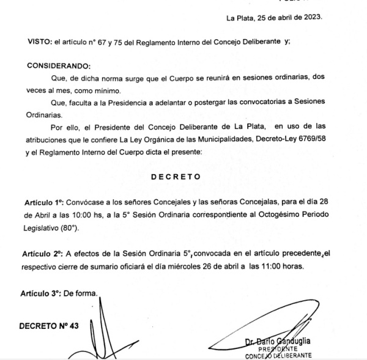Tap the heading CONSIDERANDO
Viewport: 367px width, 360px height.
(x=58, y=64)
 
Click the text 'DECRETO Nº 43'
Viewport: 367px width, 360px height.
(x=48, y=325)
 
